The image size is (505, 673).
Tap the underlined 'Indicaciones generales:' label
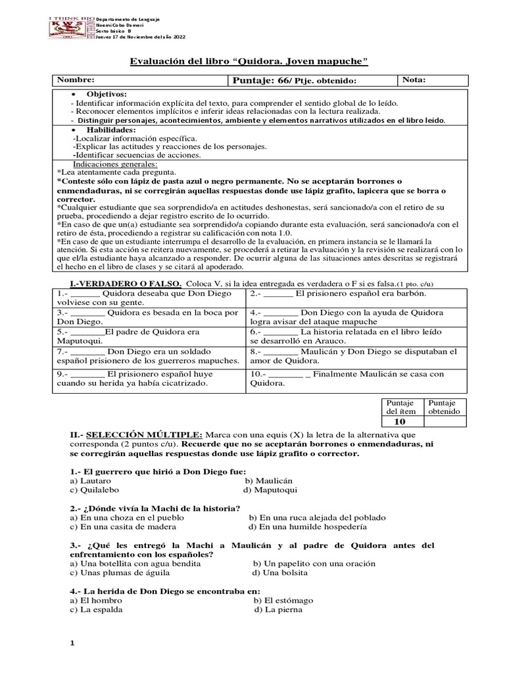click(115, 163)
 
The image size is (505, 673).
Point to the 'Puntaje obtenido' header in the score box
click(444, 407)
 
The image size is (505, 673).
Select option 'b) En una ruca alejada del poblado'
click(317, 518)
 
